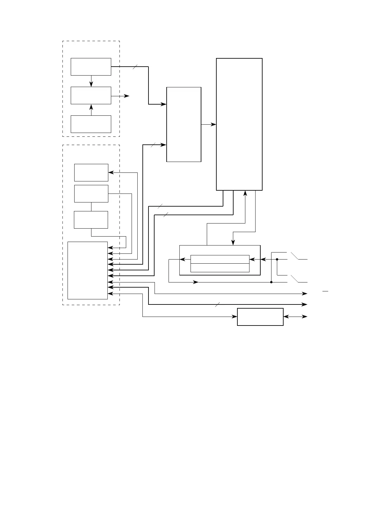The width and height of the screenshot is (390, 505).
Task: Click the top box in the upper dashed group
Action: click(91, 67)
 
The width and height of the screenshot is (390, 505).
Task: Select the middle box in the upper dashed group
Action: click(91, 95)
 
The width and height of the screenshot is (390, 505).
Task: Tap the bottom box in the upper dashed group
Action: click(91, 124)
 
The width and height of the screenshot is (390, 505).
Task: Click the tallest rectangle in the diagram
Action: click(239, 124)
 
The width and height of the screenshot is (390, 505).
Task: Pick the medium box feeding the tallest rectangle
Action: click(184, 124)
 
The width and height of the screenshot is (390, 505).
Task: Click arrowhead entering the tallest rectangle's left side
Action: click(214, 124)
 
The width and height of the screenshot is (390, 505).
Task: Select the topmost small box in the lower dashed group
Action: click(91, 172)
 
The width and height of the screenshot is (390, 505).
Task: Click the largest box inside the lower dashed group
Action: click(88, 270)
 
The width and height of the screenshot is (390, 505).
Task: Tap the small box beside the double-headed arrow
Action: click(260, 317)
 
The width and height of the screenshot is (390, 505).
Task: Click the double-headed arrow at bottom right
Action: click(295, 317)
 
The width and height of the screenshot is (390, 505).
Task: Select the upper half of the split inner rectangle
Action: click(220, 259)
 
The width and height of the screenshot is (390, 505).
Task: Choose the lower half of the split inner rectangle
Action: click(220, 268)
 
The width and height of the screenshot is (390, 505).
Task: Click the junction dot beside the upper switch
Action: click(277, 260)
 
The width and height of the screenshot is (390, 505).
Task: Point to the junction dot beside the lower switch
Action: click(271, 282)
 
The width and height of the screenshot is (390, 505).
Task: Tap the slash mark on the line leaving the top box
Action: click(135, 67)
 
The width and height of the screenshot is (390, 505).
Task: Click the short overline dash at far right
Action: click(325, 291)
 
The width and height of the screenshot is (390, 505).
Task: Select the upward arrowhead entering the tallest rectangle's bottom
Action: click(245, 193)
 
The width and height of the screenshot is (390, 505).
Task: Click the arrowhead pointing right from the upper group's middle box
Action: click(127, 96)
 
